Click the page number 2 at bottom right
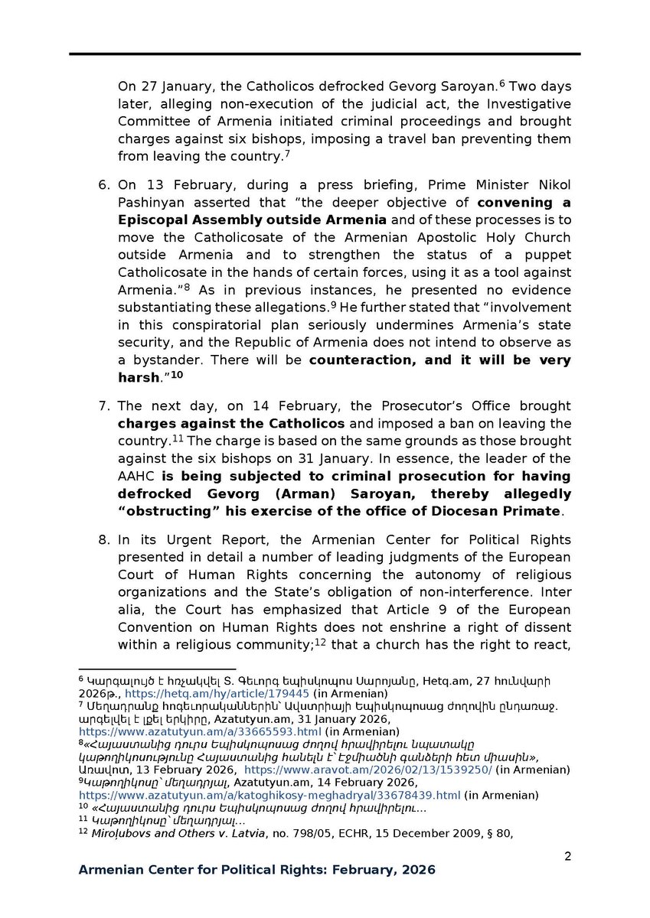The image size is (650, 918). point(567,856)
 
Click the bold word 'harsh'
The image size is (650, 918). point(136,376)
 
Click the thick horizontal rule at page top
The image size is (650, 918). point(325,54)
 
